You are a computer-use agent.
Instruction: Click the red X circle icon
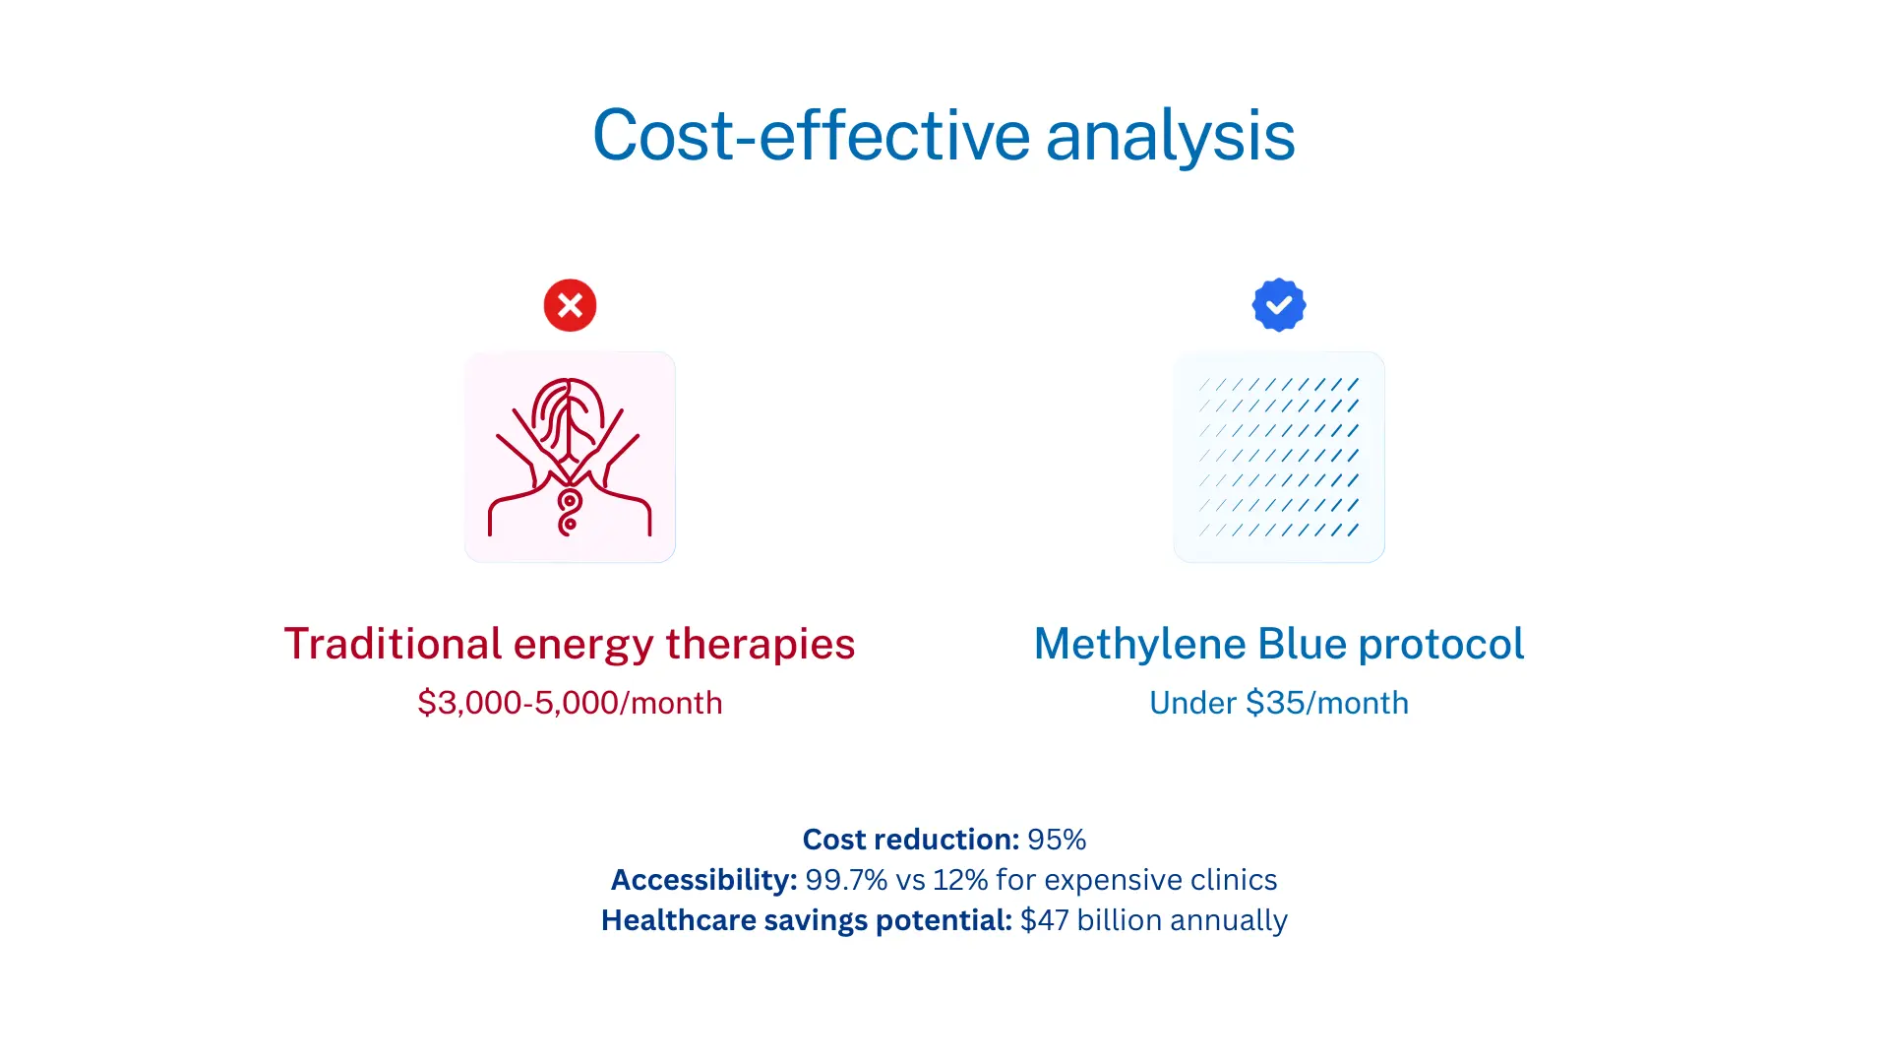(x=570, y=305)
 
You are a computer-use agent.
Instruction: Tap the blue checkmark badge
(x=1279, y=305)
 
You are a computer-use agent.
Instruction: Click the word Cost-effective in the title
(x=812, y=135)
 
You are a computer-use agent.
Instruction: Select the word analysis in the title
(x=1171, y=135)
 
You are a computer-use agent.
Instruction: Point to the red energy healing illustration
(x=570, y=457)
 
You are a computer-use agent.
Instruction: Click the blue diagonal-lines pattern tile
(x=1279, y=457)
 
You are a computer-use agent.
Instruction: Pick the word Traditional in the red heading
(x=394, y=644)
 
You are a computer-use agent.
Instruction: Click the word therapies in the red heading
(x=761, y=645)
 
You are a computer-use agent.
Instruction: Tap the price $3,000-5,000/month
(x=570, y=703)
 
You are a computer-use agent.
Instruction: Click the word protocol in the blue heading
(x=1441, y=645)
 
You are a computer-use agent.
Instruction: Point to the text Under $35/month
(x=1279, y=703)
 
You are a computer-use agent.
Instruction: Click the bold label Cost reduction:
(x=911, y=840)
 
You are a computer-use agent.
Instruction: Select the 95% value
(x=1057, y=840)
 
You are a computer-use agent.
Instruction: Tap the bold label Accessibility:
(x=704, y=880)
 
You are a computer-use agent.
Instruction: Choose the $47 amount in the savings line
(x=1045, y=920)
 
